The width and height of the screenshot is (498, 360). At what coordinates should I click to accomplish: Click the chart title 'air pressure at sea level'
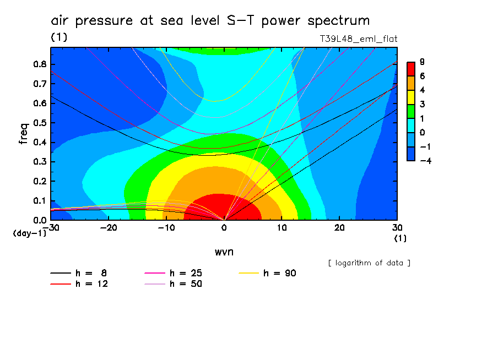[x=210, y=21]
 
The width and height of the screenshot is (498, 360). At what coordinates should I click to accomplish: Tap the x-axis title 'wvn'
[x=223, y=252]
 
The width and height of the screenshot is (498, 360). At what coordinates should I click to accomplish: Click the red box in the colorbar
[x=411, y=69]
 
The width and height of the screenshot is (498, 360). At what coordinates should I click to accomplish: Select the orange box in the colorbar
[x=411, y=83]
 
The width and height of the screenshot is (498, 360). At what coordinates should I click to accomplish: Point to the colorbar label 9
[x=421, y=62]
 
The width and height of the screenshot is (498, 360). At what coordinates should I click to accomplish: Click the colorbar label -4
[x=423, y=160]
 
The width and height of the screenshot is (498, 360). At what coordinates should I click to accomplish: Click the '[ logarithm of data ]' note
[x=369, y=263]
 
